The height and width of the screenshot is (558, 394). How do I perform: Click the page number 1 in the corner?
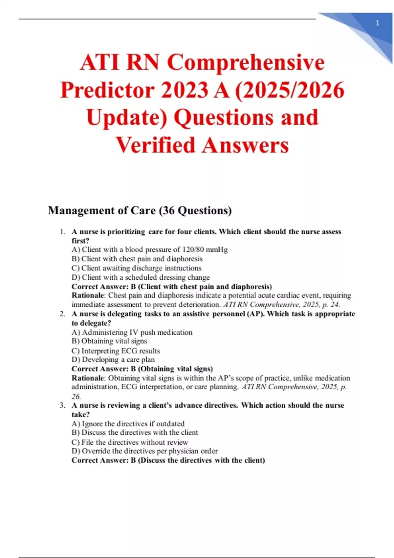(x=377, y=23)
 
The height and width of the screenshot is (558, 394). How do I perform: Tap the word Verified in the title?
(x=156, y=145)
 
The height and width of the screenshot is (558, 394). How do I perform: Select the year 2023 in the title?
(x=185, y=90)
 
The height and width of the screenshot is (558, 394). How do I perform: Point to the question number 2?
(x=62, y=314)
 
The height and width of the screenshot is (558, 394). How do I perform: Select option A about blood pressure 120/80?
(x=149, y=249)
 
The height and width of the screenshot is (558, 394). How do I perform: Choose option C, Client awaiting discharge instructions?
(x=136, y=268)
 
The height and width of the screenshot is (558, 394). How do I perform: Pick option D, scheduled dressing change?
(x=141, y=277)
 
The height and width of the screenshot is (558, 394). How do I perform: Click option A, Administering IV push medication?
(x=132, y=332)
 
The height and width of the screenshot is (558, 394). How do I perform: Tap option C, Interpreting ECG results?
(x=116, y=351)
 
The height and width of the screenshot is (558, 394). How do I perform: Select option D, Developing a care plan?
(x=113, y=359)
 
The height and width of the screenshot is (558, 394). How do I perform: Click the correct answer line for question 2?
(x=142, y=369)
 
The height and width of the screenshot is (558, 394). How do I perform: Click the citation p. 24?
(x=331, y=305)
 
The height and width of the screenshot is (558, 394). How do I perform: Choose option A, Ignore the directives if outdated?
(x=128, y=423)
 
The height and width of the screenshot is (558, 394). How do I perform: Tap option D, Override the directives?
(x=144, y=451)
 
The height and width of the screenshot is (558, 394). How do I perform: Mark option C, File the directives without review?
(x=130, y=442)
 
